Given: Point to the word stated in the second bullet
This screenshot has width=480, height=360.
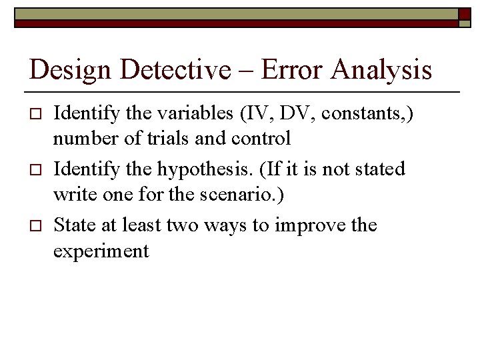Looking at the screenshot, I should (381, 169).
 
